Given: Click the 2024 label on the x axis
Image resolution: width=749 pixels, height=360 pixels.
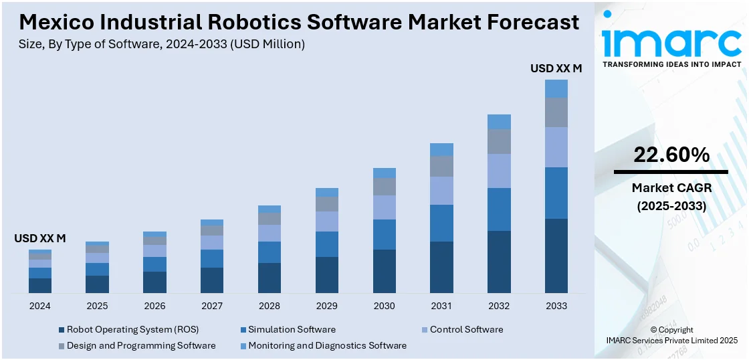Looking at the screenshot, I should (x=40, y=306).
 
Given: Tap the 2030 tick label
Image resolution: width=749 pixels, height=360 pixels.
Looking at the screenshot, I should (x=384, y=306).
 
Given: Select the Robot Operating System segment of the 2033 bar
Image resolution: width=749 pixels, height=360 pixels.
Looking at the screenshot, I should (x=556, y=256).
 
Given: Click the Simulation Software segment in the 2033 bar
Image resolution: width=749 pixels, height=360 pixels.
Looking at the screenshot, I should (x=556, y=193).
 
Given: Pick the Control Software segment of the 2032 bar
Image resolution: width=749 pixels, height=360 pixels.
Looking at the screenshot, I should (x=499, y=171).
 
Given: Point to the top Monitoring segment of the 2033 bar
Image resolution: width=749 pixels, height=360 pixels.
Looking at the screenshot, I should (x=556, y=89).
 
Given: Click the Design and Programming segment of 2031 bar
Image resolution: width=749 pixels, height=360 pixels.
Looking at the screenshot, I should (x=441, y=166).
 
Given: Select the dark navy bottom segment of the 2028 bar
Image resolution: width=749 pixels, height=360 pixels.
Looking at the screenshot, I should (x=270, y=278).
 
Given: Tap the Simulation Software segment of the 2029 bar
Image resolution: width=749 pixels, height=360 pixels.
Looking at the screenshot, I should (x=327, y=244).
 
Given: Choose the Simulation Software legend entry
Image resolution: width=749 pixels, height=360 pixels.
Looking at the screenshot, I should (x=292, y=330).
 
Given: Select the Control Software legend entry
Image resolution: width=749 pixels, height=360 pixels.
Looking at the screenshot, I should (x=466, y=330).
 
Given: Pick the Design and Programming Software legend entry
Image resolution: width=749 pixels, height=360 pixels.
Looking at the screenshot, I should (x=141, y=346).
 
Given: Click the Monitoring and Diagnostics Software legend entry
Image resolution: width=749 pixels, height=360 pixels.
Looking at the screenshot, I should (x=327, y=346).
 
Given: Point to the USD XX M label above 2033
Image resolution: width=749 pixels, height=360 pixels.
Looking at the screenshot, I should (x=556, y=68).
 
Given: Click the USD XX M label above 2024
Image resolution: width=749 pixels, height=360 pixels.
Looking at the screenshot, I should (x=40, y=238).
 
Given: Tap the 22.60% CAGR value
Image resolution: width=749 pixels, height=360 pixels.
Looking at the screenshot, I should (x=671, y=155).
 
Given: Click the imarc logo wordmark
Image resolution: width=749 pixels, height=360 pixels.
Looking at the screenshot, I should (x=671, y=41).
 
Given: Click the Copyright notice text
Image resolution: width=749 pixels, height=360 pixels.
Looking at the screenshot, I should (x=671, y=330).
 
